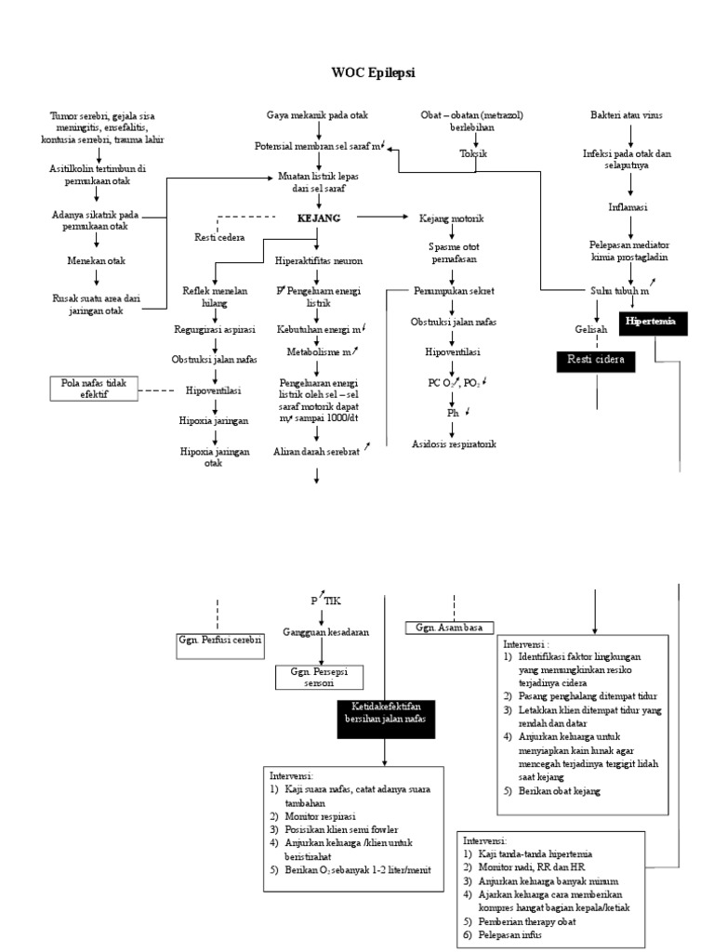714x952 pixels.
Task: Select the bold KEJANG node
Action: coord(318,217)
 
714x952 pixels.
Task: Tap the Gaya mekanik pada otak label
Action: coord(318,115)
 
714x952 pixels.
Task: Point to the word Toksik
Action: coord(472,154)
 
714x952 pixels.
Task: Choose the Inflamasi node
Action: coord(629,205)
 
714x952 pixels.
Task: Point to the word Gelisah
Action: coord(590,329)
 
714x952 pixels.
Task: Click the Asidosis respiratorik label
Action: coord(454,444)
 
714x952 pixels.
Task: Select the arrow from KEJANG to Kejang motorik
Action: coord(381,217)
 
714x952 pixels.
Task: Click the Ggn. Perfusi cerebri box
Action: coord(219,641)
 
